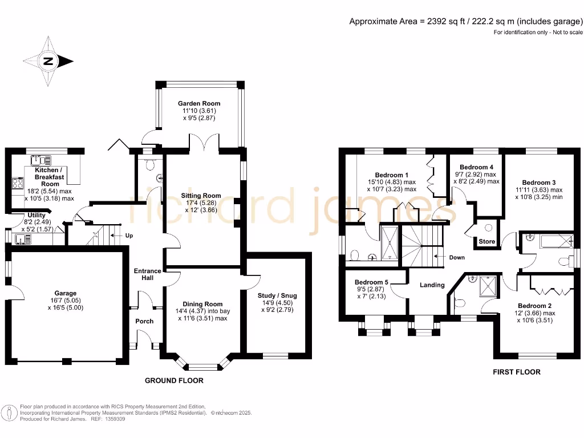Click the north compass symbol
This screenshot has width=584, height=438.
pyautogui.click(x=48, y=62)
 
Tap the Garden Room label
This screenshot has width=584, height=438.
pyautogui.click(x=198, y=103)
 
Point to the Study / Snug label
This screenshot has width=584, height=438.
pyautogui.click(x=277, y=295)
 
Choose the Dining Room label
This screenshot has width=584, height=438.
pyautogui.click(x=202, y=304)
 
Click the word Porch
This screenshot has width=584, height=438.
pyautogui.click(x=144, y=321)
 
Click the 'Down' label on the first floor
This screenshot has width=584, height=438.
pyautogui.click(x=456, y=257)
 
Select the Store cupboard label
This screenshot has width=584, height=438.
pyautogui.click(x=486, y=242)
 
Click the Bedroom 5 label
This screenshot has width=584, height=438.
pyautogui.click(x=371, y=282)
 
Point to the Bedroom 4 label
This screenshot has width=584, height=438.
pyautogui.click(x=476, y=167)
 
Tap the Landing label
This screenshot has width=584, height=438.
pyautogui.click(x=432, y=285)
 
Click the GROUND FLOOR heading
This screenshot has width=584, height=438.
pyautogui.click(x=174, y=380)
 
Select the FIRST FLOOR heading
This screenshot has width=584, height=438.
pyautogui.click(x=516, y=372)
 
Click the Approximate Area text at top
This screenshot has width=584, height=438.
pyautogui.click(x=465, y=22)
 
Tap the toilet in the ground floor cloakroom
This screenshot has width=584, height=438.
pyautogui.click(x=150, y=165)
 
